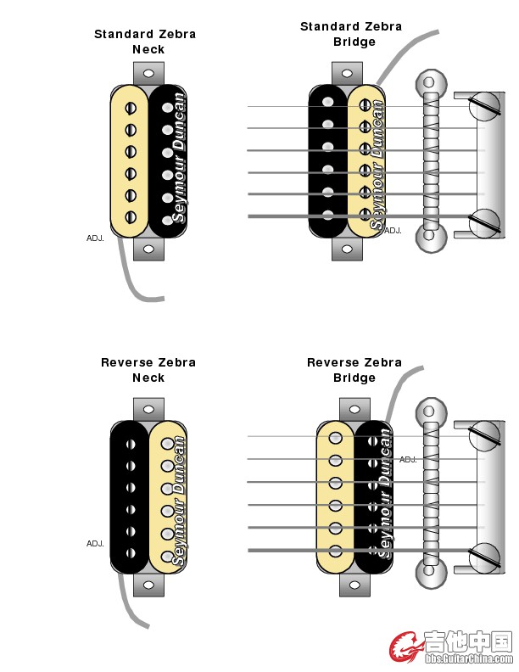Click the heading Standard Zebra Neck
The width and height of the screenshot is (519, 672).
(145, 42)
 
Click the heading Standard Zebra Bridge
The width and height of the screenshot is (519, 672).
(351, 34)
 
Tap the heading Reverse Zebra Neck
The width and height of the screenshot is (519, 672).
(148, 369)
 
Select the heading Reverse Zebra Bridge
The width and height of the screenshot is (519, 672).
(354, 369)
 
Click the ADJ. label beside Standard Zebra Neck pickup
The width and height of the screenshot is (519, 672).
(95, 238)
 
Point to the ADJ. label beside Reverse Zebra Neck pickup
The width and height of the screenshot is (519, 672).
(95, 543)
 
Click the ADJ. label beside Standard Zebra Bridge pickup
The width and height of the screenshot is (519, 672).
(393, 230)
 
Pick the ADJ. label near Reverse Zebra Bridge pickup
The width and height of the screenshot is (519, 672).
(408, 459)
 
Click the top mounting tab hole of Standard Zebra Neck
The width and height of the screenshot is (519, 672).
(148, 76)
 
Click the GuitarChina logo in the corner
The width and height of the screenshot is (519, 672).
(450, 647)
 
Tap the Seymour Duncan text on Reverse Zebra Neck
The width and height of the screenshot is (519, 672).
(178, 501)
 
